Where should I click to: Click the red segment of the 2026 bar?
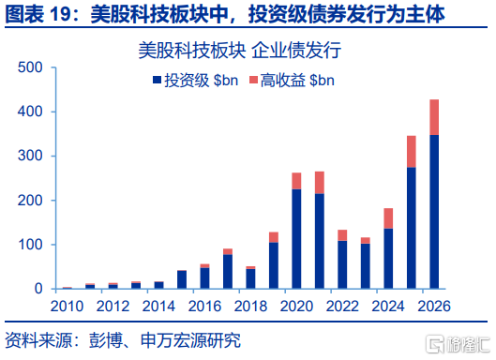434,117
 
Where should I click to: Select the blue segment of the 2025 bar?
412,228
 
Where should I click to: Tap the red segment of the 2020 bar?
296,181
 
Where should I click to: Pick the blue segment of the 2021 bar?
320,241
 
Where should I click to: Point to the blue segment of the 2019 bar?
274,265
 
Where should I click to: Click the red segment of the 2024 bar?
388,218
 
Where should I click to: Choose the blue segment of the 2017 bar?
228,272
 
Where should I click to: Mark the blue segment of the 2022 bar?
342,264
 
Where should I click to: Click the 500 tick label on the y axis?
30,67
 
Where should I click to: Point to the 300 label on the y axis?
30,156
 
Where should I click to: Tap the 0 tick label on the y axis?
38,289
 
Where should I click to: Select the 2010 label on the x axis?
67,307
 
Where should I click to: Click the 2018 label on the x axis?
250,307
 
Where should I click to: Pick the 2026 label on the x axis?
434,307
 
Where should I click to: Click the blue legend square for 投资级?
157,80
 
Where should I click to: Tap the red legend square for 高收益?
253,80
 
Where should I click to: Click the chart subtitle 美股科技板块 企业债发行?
240,50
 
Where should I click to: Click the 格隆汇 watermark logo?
458,344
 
